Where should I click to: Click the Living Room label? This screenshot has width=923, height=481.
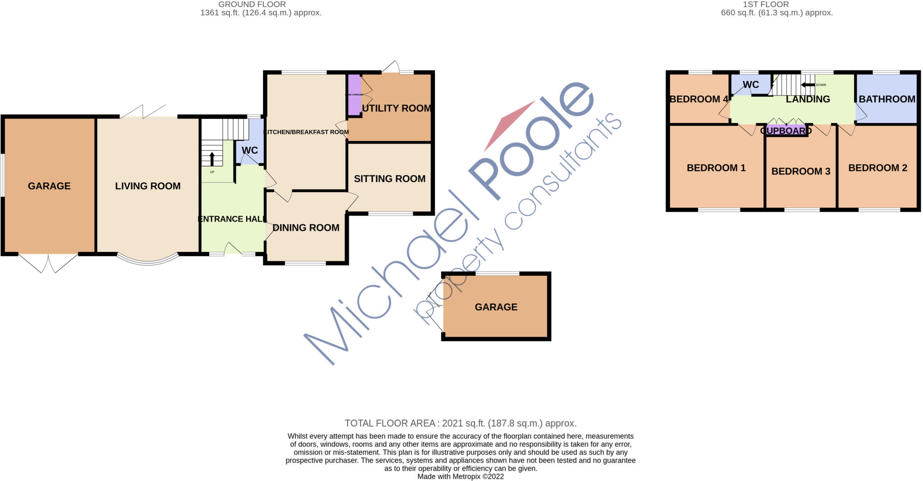tap(148, 186)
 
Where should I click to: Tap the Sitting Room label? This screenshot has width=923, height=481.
tap(389, 179)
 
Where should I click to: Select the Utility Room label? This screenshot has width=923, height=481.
tap(397, 108)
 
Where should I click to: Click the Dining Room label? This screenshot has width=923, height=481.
tap(306, 228)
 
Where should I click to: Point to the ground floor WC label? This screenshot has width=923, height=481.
tap(250, 150)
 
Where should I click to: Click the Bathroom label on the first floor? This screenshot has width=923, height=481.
tap(886, 99)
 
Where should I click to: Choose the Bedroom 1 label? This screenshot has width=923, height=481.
tap(716, 168)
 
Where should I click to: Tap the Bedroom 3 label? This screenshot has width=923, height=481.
tap(800, 171)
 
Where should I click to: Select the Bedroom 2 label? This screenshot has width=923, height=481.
tap(877, 168)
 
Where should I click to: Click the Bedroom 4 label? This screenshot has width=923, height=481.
tap(698, 99)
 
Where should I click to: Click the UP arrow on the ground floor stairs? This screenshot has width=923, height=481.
tap(212, 159)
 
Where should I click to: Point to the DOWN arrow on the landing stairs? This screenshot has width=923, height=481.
tap(808, 85)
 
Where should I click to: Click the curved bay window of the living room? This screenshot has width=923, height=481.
tap(147, 262)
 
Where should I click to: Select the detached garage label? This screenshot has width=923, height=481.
tap(496, 307)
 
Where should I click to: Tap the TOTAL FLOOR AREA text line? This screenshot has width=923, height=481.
tap(460, 423)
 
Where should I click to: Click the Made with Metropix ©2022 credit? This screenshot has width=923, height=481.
tap(460, 476)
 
